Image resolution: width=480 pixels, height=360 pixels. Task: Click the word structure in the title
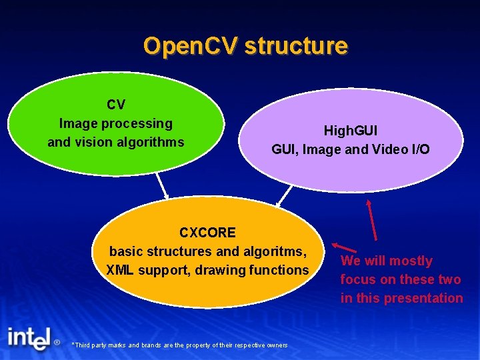[295, 46]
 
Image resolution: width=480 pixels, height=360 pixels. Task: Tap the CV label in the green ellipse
[116, 105]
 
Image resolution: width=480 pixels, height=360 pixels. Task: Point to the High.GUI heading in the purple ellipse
[351, 131]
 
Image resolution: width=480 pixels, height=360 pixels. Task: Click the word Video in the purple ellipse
[390, 149]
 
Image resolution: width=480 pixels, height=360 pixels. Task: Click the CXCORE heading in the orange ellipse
[207, 233]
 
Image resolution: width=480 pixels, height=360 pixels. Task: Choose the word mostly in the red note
[411, 261]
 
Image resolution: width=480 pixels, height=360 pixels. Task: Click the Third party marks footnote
[180, 345]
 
